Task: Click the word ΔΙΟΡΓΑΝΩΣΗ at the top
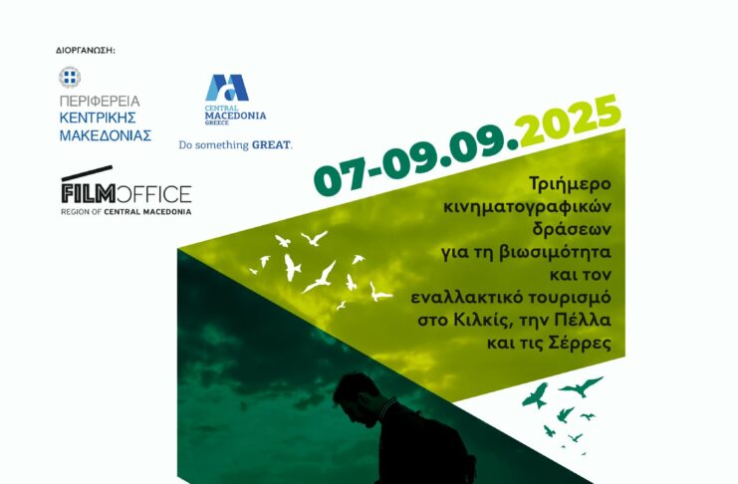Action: (x=85, y=51)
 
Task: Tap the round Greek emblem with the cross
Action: (x=70, y=77)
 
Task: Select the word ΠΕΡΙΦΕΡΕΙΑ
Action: (x=100, y=102)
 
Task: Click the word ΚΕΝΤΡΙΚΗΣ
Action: (x=98, y=119)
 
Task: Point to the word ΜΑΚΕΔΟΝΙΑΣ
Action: (x=106, y=135)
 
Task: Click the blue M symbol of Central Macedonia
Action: (x=227, y=88)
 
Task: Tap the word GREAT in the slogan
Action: (x=272, y=145)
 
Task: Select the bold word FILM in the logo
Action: (x=88, y=194)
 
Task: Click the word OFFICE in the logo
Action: (x=153, y=194)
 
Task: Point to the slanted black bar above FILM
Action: (x=87, y=173)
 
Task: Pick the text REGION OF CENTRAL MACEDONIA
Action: (x=126, y=212)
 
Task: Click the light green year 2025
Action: (x=568, y=121)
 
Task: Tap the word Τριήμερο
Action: (x=570, y=183)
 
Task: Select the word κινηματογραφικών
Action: (x=528, y=207)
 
